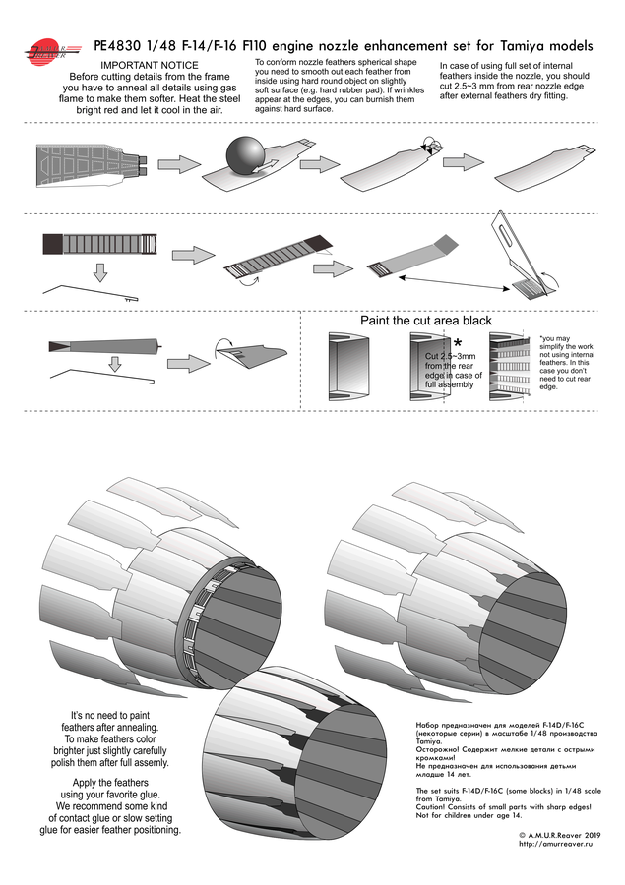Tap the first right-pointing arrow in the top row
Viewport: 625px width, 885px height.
pos(178,163)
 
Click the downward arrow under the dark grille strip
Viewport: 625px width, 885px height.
pos(100,271)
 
